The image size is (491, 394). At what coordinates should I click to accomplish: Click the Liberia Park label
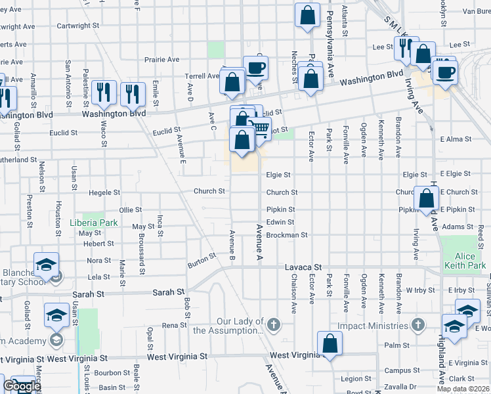click(93, 223)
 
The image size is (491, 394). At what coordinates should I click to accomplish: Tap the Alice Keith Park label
click(465, 261)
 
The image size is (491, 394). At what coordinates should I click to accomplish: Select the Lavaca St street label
click(303, 267)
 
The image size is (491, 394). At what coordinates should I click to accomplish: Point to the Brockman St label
click(287, 234)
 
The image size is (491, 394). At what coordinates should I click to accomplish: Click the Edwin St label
click(280, 222)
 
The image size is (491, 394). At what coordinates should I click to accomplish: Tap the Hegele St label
click(104, 192)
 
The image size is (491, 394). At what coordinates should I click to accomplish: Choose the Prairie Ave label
click(163, 59)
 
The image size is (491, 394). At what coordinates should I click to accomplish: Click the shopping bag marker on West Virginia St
click(330, 343)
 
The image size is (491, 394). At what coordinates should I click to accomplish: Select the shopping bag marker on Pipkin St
click(427, 198)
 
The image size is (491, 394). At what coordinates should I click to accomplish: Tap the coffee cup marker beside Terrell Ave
click(255, 67)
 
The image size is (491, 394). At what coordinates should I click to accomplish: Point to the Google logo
click(22, 386)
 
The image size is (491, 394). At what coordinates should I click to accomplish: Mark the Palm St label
click(398, 345)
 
